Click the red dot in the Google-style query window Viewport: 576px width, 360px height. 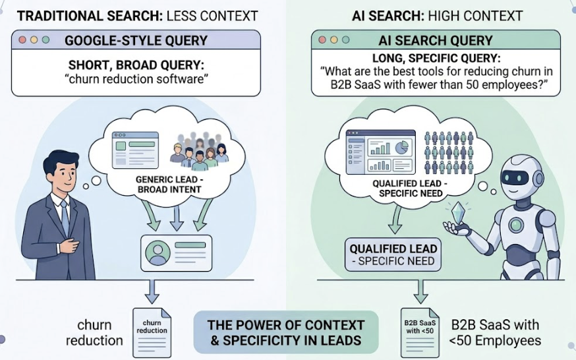tap(22, 40)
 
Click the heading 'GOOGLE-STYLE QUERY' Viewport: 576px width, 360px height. tap(136, 40)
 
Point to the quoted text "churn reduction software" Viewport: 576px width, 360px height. tap(137, 82)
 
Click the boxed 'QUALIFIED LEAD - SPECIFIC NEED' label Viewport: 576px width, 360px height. tap(392, 255)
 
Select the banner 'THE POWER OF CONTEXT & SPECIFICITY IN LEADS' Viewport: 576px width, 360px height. tap(286, 332)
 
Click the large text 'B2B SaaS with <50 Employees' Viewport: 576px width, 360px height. tap(495, 332)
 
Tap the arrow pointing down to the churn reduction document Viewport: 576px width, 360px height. tap(152, 291)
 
